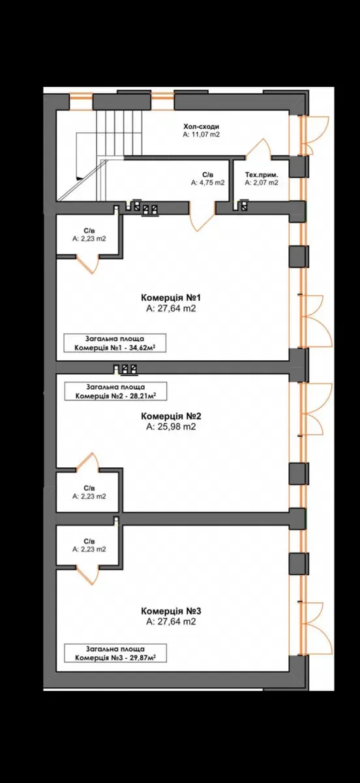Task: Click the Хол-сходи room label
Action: point(201,127)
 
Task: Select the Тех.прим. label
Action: point(262,175)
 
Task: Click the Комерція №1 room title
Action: point(171,298)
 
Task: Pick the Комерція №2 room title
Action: point(171,416)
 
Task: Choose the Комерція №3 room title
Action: point(171,611)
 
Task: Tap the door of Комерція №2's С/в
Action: point(87,462)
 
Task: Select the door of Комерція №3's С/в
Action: point(87,576)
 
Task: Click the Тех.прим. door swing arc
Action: point(258,148)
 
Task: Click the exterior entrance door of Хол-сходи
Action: point(314,135)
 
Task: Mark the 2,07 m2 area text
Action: point(262,183)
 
